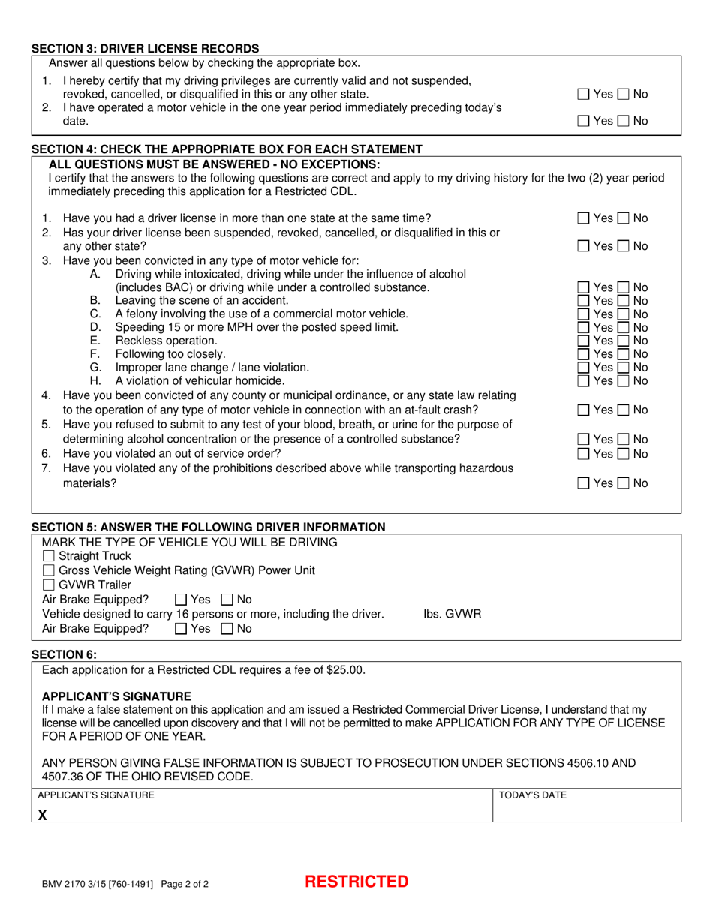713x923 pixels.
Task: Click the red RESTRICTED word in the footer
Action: (x=356, y=882)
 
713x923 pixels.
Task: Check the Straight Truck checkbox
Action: (x=49, y=556)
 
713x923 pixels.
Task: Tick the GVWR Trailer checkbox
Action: (x=49, y=585)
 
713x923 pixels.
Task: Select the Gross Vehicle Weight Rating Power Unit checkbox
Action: (x=49, y=570)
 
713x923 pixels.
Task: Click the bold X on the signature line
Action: (x=43, y=816)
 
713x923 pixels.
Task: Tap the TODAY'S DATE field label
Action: (x=533, y=795)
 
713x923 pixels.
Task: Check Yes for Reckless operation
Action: (x=583, y=341)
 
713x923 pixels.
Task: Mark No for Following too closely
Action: (x=624, y=354)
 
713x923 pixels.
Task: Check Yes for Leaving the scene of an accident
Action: (x=583, y=300)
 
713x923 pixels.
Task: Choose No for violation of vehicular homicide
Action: (x=624, y=381)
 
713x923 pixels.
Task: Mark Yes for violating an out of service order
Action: (x=583, y=454)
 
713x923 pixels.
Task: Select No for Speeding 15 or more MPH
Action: (x=624, y=327)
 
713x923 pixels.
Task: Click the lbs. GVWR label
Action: (x=452, y=614)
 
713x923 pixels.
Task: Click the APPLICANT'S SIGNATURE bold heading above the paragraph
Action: (x=116, y=696)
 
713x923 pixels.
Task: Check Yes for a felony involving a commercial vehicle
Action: (x=583, y=314)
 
